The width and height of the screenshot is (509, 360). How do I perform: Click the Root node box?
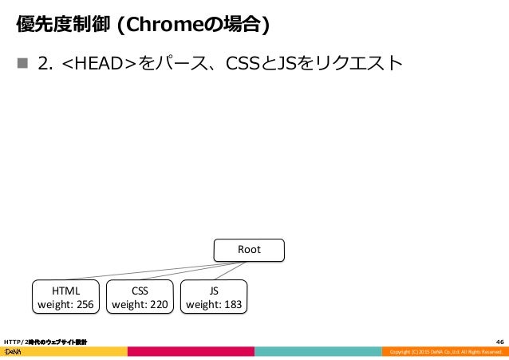(x=249, y=250)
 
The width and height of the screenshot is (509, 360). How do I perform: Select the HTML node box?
(x=65, y=295)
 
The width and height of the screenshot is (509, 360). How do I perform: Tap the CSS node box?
(x=140, y=295)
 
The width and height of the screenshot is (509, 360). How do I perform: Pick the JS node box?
(x=215, y=295)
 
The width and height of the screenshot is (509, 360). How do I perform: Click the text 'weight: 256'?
(x=65, y=303)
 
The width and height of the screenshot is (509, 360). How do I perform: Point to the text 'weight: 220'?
(x=140, y=303)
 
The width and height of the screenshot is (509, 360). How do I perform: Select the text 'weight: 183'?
(x=215, y=303)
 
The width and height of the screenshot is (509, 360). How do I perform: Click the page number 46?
(x=499, y=341)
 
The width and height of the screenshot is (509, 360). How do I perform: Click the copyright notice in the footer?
(x=444, y=352)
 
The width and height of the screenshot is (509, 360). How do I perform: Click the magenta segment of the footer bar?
(x=191, y=351)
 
